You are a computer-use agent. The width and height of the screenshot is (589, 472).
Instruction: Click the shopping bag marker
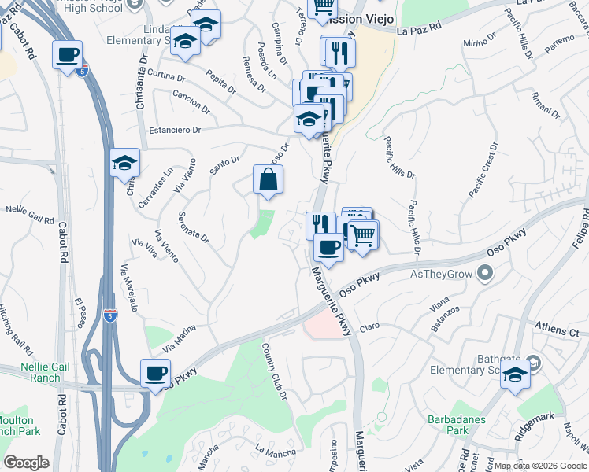pyautogui.click(x=269, y=179)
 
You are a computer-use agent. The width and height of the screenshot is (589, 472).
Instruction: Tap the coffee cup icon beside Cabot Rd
pyautogui.click(x=67, y=56)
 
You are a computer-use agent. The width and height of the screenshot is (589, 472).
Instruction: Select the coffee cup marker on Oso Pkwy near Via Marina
pyautogui.click(x=156, y=374)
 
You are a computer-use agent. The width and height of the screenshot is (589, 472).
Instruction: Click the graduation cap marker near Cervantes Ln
pyautogui.click(x=124, y=163)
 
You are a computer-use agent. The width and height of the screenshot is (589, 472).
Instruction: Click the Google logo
pyautogui.click(x=26, y=463)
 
